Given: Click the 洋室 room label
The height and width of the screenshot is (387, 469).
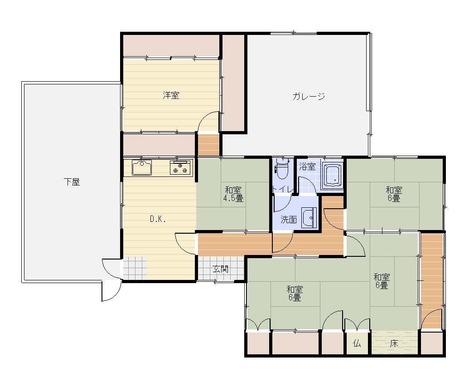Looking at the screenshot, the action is coord(171,95).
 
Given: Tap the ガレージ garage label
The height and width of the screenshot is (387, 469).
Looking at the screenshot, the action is coord(309,96).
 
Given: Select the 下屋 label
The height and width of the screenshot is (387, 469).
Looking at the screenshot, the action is coord(72,182).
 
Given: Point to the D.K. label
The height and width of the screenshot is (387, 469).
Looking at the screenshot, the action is coord(158,219).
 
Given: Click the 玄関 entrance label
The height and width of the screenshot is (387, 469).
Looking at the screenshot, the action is coord(220,269).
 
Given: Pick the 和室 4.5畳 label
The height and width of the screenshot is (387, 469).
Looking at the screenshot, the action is coord(233,194).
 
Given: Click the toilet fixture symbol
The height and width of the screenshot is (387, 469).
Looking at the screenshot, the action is coord(281,169).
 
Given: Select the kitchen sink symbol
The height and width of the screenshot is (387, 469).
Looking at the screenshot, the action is coord(142,168).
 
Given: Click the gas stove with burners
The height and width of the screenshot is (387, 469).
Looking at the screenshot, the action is coord(180,167).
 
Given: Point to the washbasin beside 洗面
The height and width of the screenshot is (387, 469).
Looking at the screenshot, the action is coord(309,217).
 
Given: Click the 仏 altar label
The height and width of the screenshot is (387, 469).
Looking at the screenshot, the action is coord(357,343).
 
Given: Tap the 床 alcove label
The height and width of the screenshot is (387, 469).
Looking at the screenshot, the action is coord(394,343).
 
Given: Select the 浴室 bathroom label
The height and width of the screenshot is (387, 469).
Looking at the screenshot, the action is coord(307,167).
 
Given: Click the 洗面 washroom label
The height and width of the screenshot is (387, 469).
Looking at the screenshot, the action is coord(289,220).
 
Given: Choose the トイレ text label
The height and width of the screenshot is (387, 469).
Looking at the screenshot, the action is coord(283,189).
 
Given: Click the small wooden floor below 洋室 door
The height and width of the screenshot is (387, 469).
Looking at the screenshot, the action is coord(208,145).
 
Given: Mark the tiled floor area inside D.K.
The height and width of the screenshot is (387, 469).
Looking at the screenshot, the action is coord(135,268).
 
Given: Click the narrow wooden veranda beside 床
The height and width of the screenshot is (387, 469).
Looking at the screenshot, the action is coord(431,281).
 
